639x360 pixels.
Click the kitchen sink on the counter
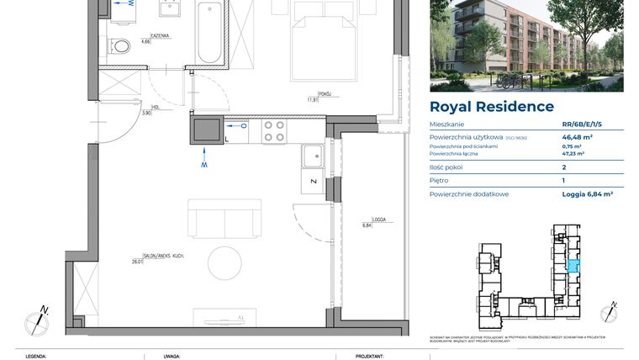[313, 155]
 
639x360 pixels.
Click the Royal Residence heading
[491, 107]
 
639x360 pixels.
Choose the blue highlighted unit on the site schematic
[573, 267]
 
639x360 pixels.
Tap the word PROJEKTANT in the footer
[369, 356]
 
